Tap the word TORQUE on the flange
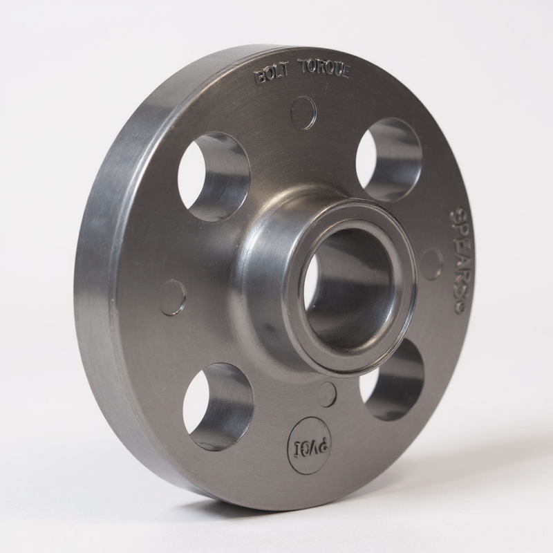click(x=324, y=69)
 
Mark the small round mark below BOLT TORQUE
click(x=303, y=113)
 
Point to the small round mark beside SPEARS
click(x=431, y=264)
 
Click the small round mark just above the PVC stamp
click(x=326, y=395)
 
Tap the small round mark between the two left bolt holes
click(x=172, y=298)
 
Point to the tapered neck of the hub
click(x=266, y=276)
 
